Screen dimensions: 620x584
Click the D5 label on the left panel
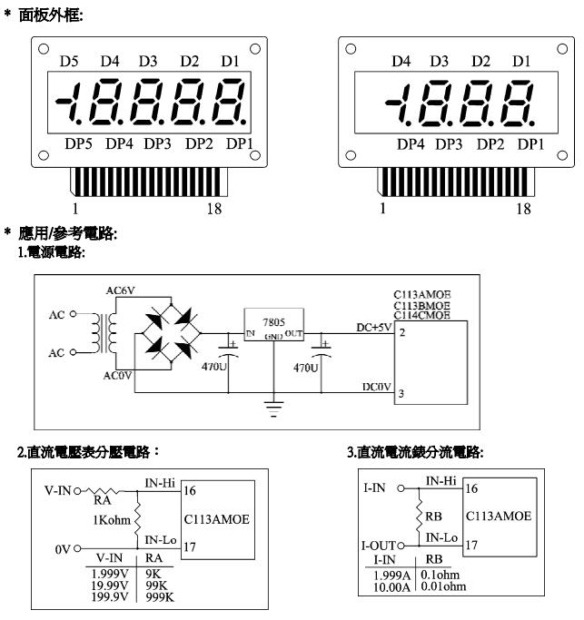click(x=70, y=62)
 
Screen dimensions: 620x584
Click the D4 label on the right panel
click(x=401, y=62)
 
